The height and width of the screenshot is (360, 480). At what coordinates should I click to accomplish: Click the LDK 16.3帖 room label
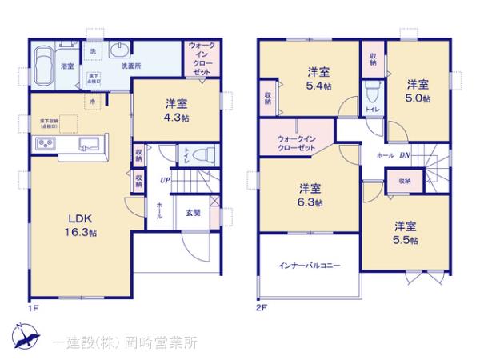tap(82, 226)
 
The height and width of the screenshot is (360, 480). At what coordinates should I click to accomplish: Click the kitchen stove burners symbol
tap(43, 144)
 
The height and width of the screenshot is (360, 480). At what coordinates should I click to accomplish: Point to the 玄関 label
tap(194, 212)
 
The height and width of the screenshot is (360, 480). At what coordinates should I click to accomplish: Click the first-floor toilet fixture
tap(205, 155)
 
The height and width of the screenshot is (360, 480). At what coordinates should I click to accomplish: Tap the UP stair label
tap(163, 180)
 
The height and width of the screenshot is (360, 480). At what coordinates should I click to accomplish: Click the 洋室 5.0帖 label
tap(416, 90)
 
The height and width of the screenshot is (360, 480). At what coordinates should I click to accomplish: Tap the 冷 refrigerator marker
tap(93, 102)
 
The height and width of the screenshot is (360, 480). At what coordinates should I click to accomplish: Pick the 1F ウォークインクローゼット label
tap(199, 59)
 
